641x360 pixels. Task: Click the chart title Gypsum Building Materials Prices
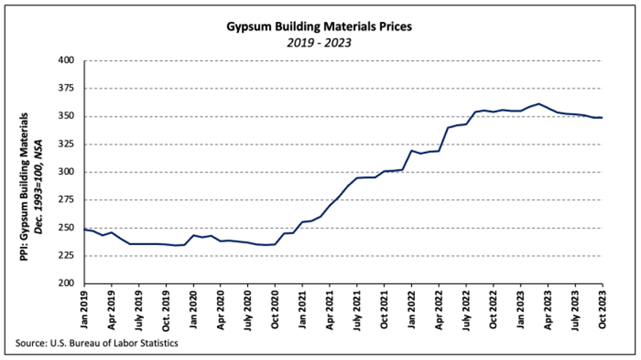pos(319,27)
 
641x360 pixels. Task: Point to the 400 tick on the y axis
pos(66,60)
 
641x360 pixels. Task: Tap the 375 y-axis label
pos(66,88)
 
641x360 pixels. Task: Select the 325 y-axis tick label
pos(66,144)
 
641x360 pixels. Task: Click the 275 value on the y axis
pos(66,200)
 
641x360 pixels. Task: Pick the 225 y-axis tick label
pos(66,256)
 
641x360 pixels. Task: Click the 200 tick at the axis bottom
pos(66,283)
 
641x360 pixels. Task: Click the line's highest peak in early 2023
pos(538,104)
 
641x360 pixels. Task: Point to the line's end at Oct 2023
pos(602,118)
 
